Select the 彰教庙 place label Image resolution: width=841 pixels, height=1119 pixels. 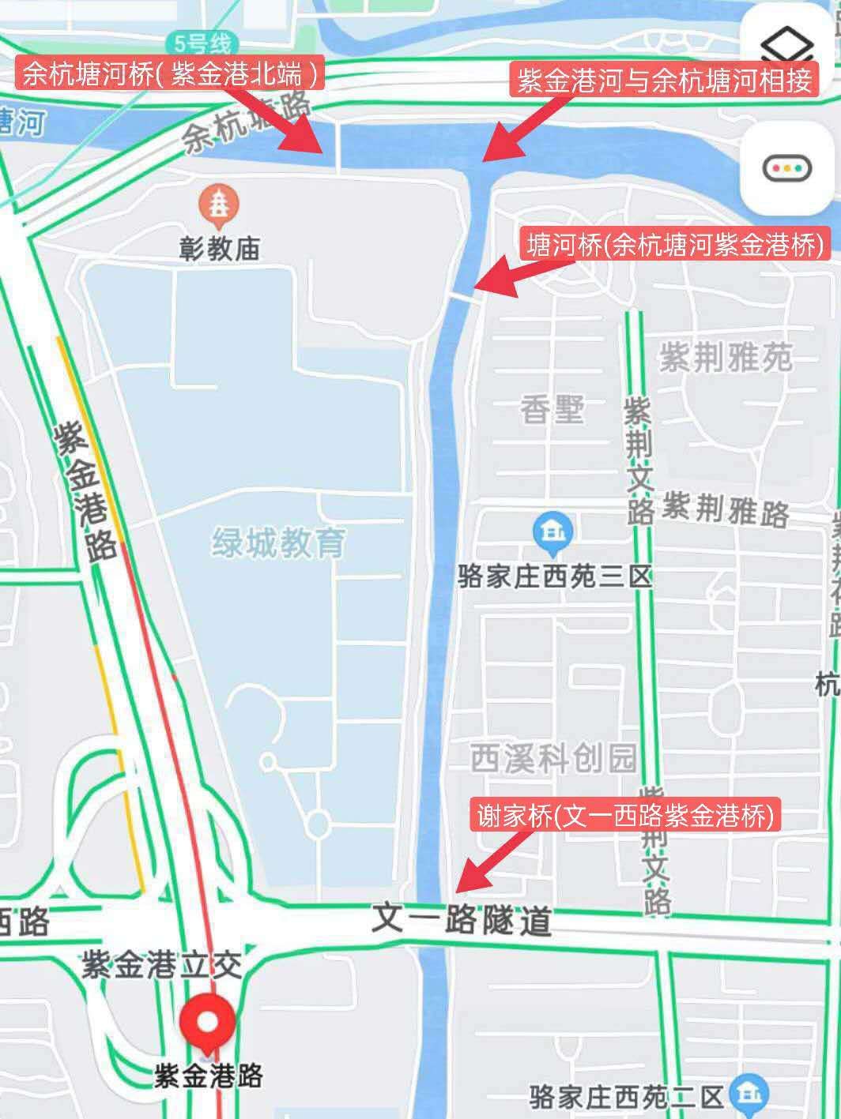pos(220,249)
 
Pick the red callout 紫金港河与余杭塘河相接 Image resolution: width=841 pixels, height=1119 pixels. pos(666,80)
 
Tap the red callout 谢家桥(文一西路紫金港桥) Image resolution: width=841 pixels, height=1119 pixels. pos(628,814)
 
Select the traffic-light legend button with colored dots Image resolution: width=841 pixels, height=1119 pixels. pos(787,167)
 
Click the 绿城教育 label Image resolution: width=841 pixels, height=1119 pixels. pos(279,543)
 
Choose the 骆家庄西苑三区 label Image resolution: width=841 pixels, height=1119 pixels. pos(555,576)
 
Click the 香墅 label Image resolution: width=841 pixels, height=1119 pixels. pos(552,410)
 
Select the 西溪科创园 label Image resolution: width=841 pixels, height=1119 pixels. pos(553,759)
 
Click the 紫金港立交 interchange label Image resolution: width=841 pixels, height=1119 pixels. pos(162,964)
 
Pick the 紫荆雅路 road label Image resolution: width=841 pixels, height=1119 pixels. pos(726,509)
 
